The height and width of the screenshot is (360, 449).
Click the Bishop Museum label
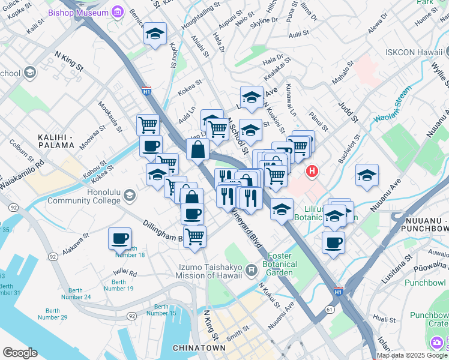(86, 13)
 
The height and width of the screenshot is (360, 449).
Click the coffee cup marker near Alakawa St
(119, 238)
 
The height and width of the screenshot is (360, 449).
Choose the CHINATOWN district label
(199, 348)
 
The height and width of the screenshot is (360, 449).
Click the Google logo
(20, 353)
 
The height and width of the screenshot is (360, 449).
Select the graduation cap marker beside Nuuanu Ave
(367, 175)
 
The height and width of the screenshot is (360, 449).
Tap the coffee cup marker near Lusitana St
(333, 242)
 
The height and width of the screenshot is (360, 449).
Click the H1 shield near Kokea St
(146, 91)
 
